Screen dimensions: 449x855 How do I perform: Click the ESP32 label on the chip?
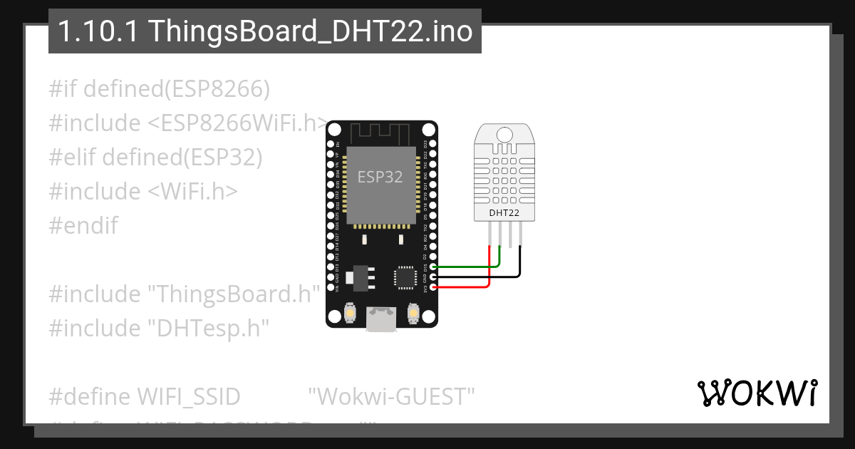(380, 177)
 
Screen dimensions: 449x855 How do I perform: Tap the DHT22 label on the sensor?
(504, 212)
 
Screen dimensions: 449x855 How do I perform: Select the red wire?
(463, 287)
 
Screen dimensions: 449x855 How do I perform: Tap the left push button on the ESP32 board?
(351, 312)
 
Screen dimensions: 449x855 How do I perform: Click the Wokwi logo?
(757, 393)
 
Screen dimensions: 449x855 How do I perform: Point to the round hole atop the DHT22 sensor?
(504, 133)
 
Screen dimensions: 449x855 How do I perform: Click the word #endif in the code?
(83, 226)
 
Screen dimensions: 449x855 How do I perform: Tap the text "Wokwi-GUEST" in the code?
(392, 396)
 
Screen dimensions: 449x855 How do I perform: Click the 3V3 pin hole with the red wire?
(432, 287)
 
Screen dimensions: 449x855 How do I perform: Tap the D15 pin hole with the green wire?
(432, 267)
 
